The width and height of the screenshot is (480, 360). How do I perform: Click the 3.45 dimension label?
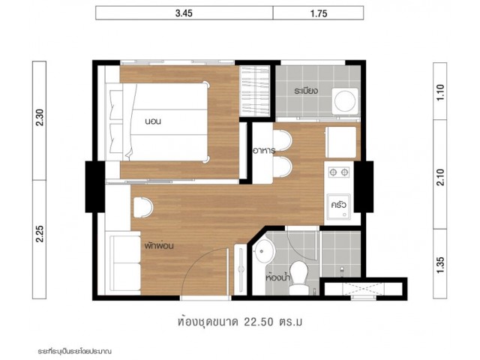tap(184, 13)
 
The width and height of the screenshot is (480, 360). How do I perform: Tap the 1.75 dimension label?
tap(319, 13)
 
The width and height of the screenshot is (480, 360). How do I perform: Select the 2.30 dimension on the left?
tap(40, 118)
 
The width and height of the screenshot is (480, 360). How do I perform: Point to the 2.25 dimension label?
tap(40, 234)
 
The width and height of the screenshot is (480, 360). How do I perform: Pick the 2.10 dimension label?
tap(440, 178)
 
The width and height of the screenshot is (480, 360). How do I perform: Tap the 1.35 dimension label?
tap(440, 265)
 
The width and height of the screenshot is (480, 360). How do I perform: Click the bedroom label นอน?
tap(153, 121)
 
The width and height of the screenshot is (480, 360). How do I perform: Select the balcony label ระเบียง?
tap(306, 91)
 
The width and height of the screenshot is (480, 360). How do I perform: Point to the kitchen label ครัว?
tap(338, 205)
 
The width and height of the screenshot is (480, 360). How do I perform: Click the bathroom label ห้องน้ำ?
tap(278, 277)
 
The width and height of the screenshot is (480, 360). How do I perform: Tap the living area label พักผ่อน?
tap(159, 245)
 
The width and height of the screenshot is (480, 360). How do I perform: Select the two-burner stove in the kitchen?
tap(339, 172)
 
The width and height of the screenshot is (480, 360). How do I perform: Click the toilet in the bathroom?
tap(298, 277)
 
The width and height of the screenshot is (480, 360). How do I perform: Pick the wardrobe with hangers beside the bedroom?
tap(254, 91)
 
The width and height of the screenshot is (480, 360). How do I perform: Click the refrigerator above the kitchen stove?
tap(341, 142)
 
